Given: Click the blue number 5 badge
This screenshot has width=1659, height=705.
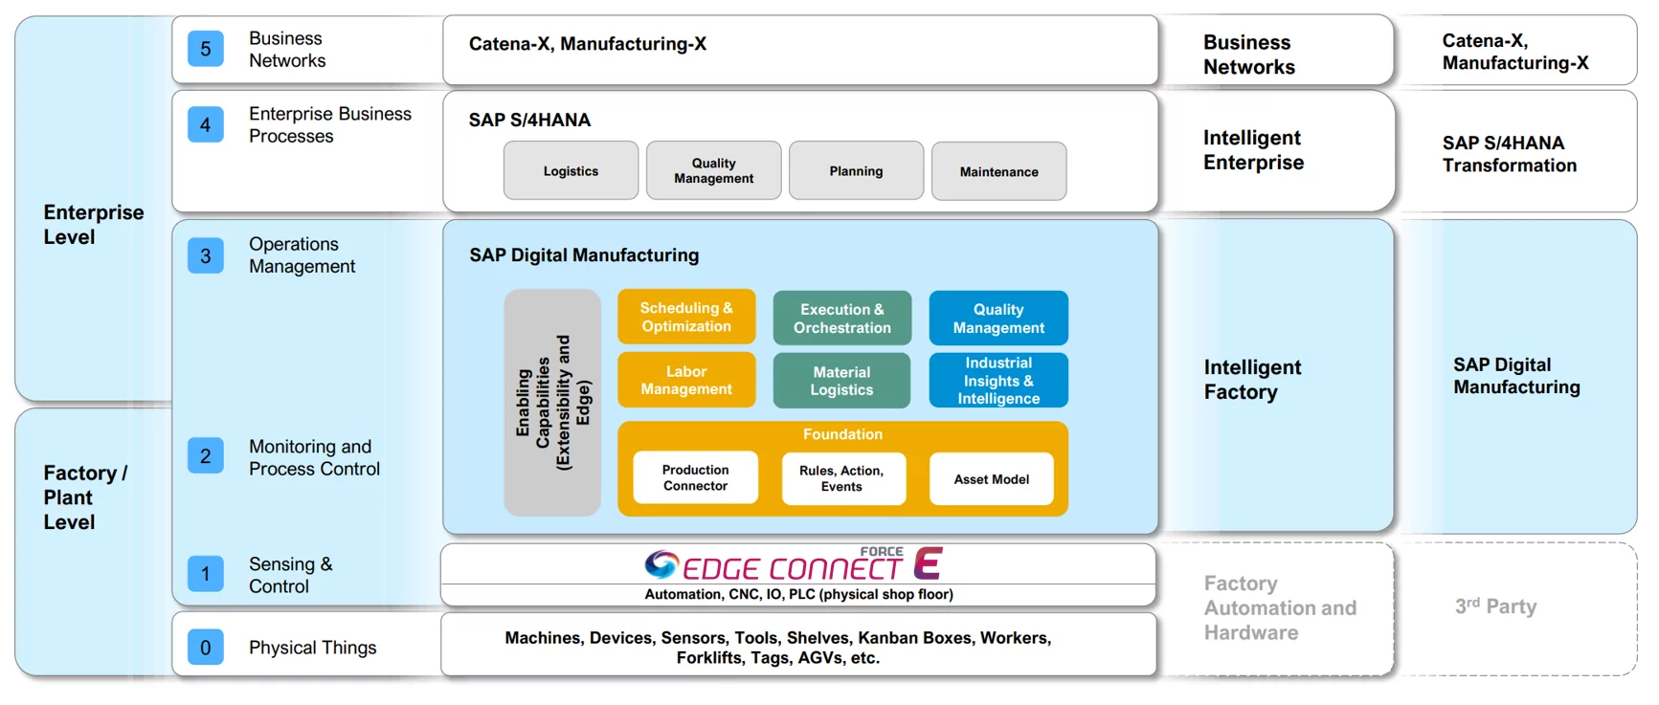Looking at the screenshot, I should click(x=205, y=49).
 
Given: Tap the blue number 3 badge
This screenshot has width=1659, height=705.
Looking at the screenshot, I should click(x=205, y=255).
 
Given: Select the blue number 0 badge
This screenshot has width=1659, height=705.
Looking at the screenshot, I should click(x=205, y=648).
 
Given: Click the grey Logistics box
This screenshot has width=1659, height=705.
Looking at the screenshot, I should click(x=571, y=171).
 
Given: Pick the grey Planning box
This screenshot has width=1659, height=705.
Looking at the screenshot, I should click(x=856, y=171).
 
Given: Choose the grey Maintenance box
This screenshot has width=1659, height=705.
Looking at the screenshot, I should click(x=998, y=172).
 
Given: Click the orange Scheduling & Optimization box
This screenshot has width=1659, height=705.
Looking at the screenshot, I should click(x=686, y=318).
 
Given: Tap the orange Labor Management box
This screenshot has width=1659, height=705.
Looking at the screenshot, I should click(x=686, y=380).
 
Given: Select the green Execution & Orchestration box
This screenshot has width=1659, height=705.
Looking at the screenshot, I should click(x=842, y=319).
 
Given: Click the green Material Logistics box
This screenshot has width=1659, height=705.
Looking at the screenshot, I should click(x=842, y=381).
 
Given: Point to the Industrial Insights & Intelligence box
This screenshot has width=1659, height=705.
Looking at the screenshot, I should click(x=998, y=381).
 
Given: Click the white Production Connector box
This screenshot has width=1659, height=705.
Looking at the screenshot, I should click(x=696, y=477).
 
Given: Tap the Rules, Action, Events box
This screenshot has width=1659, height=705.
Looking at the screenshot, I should click(x=842, y=478).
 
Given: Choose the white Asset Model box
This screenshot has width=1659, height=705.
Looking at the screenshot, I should click(x=992, y=479).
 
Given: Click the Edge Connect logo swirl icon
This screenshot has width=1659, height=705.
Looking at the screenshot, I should click(x=661, y=564).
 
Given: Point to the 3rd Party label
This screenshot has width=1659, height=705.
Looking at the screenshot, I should click(x=1495, y=606).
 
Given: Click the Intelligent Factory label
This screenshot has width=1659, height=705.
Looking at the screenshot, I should click(x=1252, y=380).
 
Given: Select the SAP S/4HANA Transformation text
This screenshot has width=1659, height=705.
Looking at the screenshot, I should click(x=1510, y=154).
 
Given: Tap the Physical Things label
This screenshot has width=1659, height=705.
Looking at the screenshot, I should click(x=313, y=648).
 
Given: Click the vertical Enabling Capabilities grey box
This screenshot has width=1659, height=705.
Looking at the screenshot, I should click(x=552, y=403).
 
